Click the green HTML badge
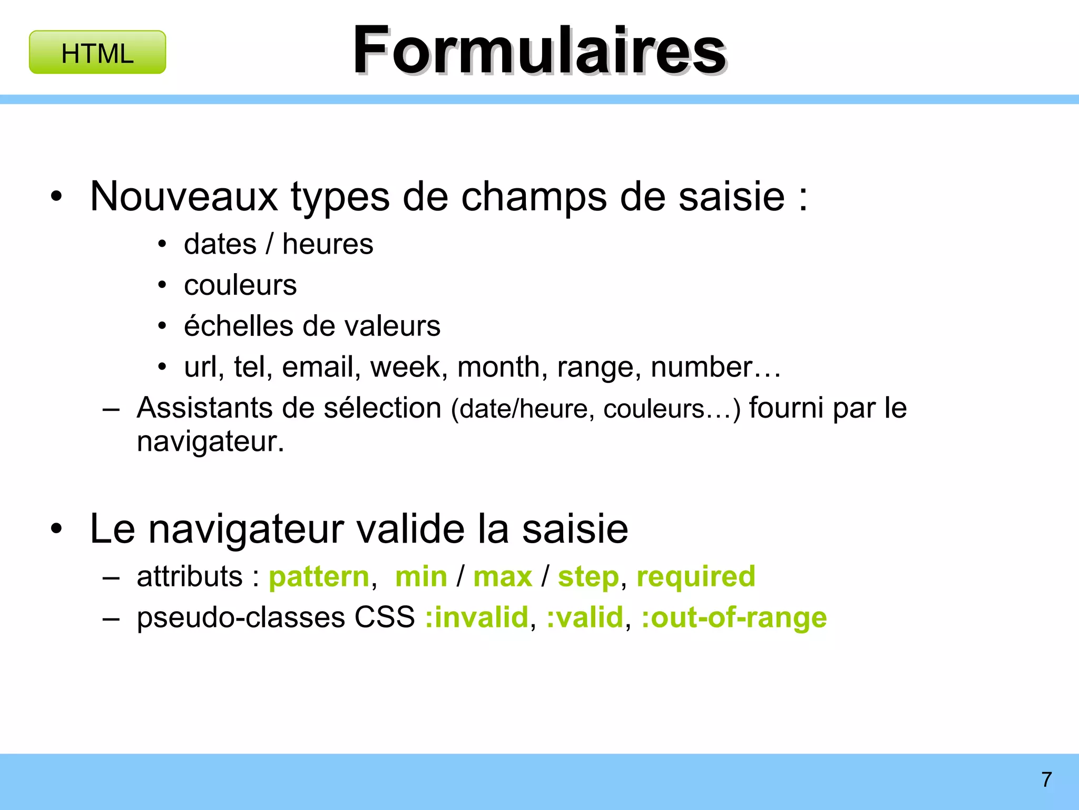[x=97, y=53]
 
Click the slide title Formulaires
[x=539, y=51]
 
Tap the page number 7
[x=1046, y=779]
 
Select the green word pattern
[x=319, y=576]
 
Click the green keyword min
[x=421, y=576]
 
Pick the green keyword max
[x=503, y=576]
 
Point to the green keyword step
[x=588, y=576]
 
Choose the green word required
[x=695, y=576]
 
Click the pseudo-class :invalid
[x=476, y=618]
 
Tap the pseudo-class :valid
[x=584, y=618]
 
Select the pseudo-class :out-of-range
[x=733, y=618]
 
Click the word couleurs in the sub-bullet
[x=240, y=285]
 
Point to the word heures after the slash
[x=328, y=244]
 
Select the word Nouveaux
[x=184, y=197]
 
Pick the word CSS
[x=385, y=618]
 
